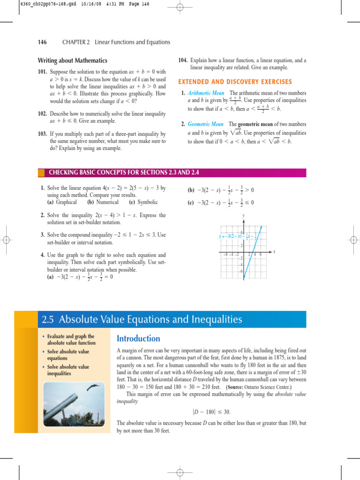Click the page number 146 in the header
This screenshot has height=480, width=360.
(x=42, y=42)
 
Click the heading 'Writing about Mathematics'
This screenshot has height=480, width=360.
(x=72, y=60)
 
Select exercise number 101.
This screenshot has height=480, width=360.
(x=42, y=72)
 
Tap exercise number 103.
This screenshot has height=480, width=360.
(x=42, y=134)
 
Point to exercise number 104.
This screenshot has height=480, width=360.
(x=183, y=60)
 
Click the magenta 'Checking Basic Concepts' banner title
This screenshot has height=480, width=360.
(x=124, y=172)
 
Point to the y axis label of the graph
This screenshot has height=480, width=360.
(x=244, y=216)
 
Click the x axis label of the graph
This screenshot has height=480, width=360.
(x=274, y=251)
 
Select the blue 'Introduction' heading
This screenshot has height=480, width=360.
(x=138, y=338)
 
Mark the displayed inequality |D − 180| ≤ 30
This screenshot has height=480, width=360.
(x=211, y=412)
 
